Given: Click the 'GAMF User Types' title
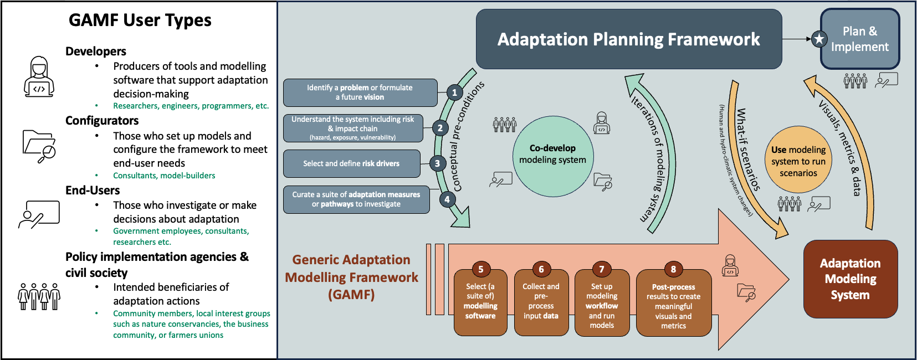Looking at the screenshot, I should coord(140,20).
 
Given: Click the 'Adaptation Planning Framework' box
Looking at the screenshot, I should coord(628,39).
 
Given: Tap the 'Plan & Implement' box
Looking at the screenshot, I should coord(859,39).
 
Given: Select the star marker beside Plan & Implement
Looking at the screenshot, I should coord(819,39).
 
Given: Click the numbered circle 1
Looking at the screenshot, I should coord(454,92).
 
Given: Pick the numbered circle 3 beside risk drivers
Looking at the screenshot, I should coord(437,163).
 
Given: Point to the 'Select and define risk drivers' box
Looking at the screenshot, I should coord(351,163).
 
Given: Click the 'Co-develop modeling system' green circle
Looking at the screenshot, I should coord(552,155).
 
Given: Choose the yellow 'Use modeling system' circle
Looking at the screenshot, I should coord(798,161).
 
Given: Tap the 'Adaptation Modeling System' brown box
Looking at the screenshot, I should coord(850,279).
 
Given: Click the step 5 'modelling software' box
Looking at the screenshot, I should coord(480,302).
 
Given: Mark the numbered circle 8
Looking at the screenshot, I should coord(673,269).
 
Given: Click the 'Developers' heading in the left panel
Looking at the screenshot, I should coord(96,52).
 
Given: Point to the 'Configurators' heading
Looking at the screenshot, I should coord(102,121).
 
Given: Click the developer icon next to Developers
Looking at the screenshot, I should coord(39,76).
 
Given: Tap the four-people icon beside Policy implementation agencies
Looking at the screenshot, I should coord(39,296).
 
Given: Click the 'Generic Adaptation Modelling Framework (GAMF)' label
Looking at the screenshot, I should coord(351,277).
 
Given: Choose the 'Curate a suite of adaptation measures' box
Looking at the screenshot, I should coord(356,199).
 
